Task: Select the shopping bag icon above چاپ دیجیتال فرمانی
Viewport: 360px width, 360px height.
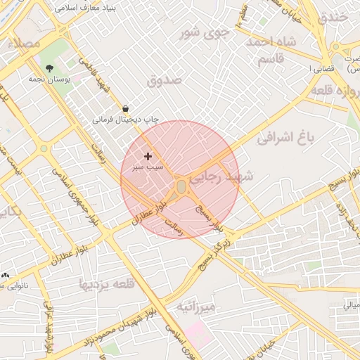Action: point(125,108)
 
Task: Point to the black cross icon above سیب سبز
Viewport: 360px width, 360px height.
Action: point(148,156)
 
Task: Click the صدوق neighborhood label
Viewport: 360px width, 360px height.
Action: point(165,80)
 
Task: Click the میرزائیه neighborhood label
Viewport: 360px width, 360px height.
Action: point(195,307)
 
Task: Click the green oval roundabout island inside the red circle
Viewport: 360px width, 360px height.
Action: point(181,186)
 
